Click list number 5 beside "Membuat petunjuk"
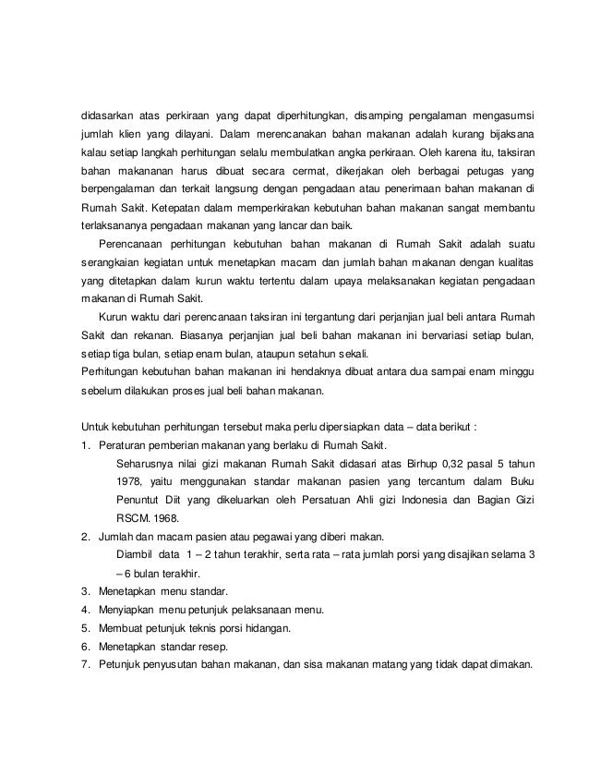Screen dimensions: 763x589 pyautogui.click(x=85, y=626)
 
